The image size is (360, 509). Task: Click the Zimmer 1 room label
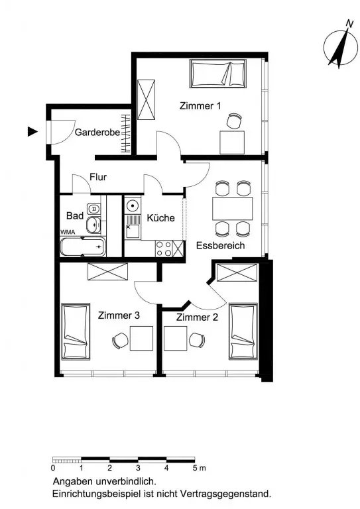coord(200,106)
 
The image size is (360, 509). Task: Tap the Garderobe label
coord(97,133)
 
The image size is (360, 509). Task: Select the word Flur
coord(98,177)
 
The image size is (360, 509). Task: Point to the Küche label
coord(160,217)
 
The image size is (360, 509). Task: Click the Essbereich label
coord(220,245)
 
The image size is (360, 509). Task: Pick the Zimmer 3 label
coord(119,315)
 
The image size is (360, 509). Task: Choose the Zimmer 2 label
coord(197,317)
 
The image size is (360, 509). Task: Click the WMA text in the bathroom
coord(68,232)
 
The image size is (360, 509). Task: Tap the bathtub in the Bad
coord(83,247)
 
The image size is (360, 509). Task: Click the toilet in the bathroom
coord(93,208)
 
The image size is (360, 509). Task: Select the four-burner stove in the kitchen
coord(164,249)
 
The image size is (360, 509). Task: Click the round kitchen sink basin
coord(133,205)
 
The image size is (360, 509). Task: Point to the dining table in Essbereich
coord(233,208)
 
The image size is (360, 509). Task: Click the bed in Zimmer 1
coord(217,74)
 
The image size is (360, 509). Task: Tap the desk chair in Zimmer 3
coord(120,341)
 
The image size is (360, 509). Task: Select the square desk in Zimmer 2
coord(175,339)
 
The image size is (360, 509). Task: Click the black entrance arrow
coord(32,131)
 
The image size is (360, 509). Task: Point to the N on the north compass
coord(349,23)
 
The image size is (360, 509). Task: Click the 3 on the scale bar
coord(139,468)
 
